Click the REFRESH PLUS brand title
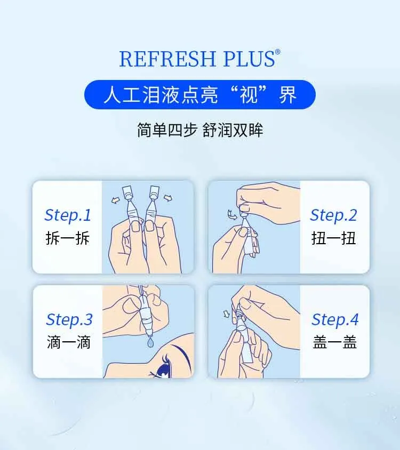tap(196, 59)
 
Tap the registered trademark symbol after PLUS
tap(277, 52)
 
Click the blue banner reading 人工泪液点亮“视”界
tap(200, 95)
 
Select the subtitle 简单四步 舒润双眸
tap(200, 130)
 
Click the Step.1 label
tap(68, 215)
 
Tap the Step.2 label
tap(333, 215)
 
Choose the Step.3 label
tap(69, 319)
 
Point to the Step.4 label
tap(335, 319)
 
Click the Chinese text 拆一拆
tap(68, 238)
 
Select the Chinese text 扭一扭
tap(333, 238)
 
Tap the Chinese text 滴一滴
tap(69, 342)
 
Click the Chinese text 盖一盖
tap(335, 342)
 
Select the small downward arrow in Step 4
tap(226, 313)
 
